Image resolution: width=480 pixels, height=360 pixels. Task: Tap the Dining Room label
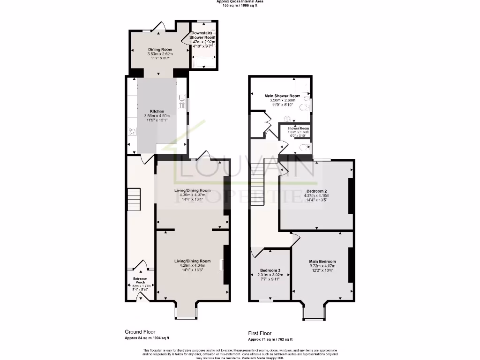(160, 49)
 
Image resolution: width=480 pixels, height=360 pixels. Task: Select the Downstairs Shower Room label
(202, 35)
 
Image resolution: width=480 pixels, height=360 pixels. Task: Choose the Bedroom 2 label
(317, 191)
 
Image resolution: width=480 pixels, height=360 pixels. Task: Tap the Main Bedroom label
(322, 262)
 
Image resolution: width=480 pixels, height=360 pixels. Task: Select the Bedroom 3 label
(270, 271)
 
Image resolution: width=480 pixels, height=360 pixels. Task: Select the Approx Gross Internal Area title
(240, 2)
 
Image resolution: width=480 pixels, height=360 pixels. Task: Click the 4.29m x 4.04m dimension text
(192, 266)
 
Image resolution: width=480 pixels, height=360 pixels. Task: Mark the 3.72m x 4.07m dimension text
(322, 266)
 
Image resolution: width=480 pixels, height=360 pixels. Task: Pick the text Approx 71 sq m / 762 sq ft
(270, 339)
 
